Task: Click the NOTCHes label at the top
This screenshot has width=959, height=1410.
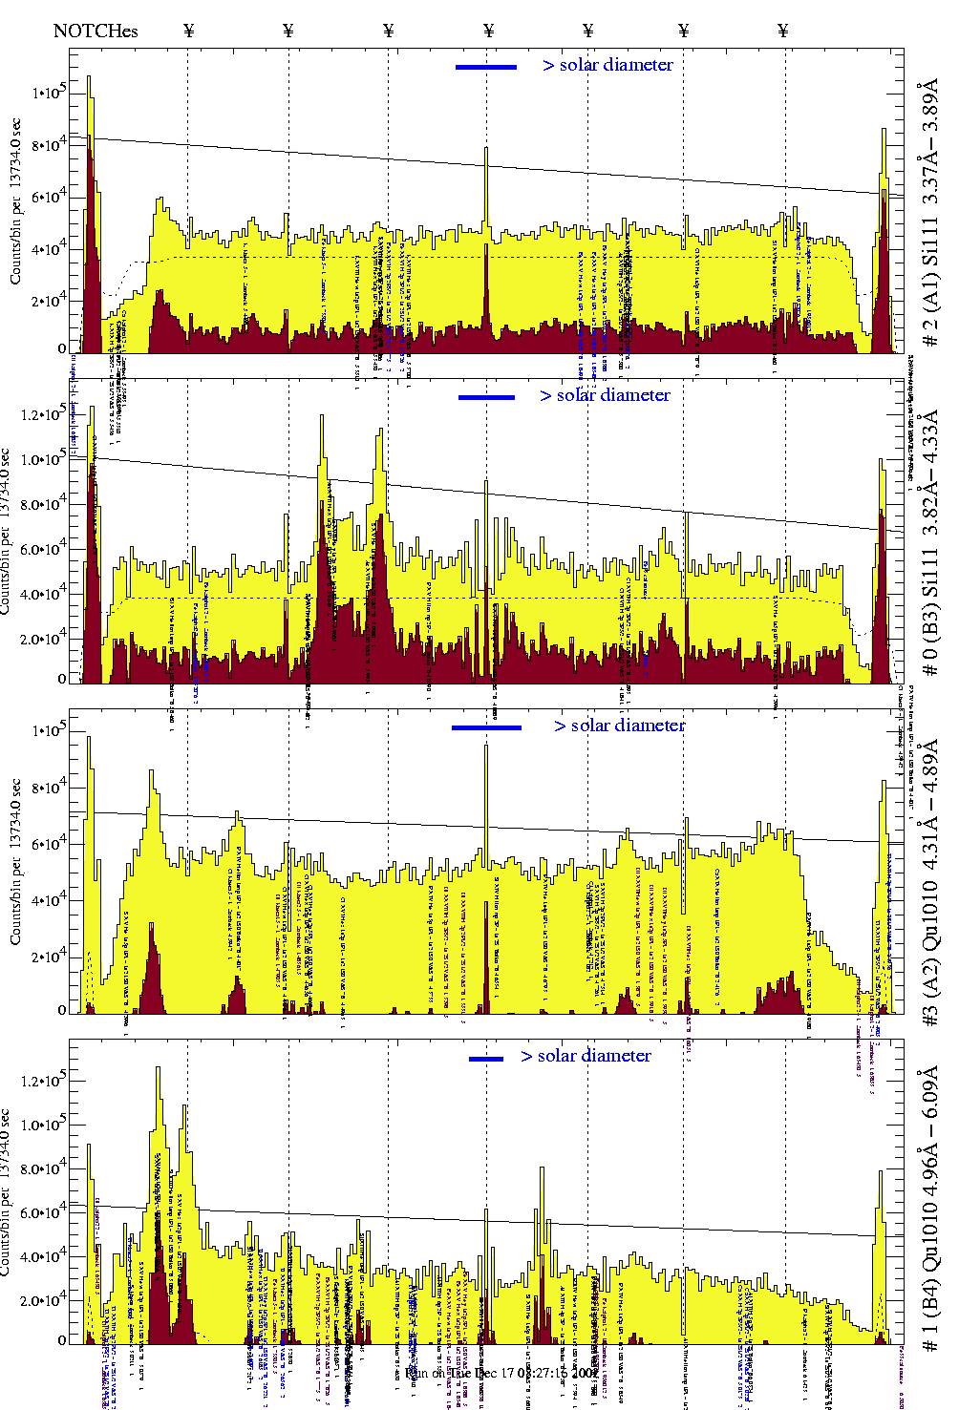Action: [x=96, y=31]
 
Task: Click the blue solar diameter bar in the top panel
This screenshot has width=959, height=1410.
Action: [x=486, y=67]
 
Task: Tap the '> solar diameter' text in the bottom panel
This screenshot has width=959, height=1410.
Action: [x=586, y=1056]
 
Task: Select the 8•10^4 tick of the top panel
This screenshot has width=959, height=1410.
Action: [x=48, y=145]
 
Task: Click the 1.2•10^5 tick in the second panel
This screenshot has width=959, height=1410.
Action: [x=43, y=416]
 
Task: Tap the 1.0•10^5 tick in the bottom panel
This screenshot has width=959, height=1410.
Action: [x=43, y=1126]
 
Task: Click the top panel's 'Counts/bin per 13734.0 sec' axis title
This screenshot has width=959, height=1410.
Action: [x=16, y=201]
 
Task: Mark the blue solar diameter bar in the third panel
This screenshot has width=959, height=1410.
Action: [x=486, y=727]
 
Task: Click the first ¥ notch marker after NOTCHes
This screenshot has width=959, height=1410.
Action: [x=188, y=31]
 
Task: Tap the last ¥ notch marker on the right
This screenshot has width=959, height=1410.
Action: [x=783, y=31]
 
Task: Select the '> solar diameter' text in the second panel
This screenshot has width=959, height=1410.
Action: [x=605, y=395]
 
